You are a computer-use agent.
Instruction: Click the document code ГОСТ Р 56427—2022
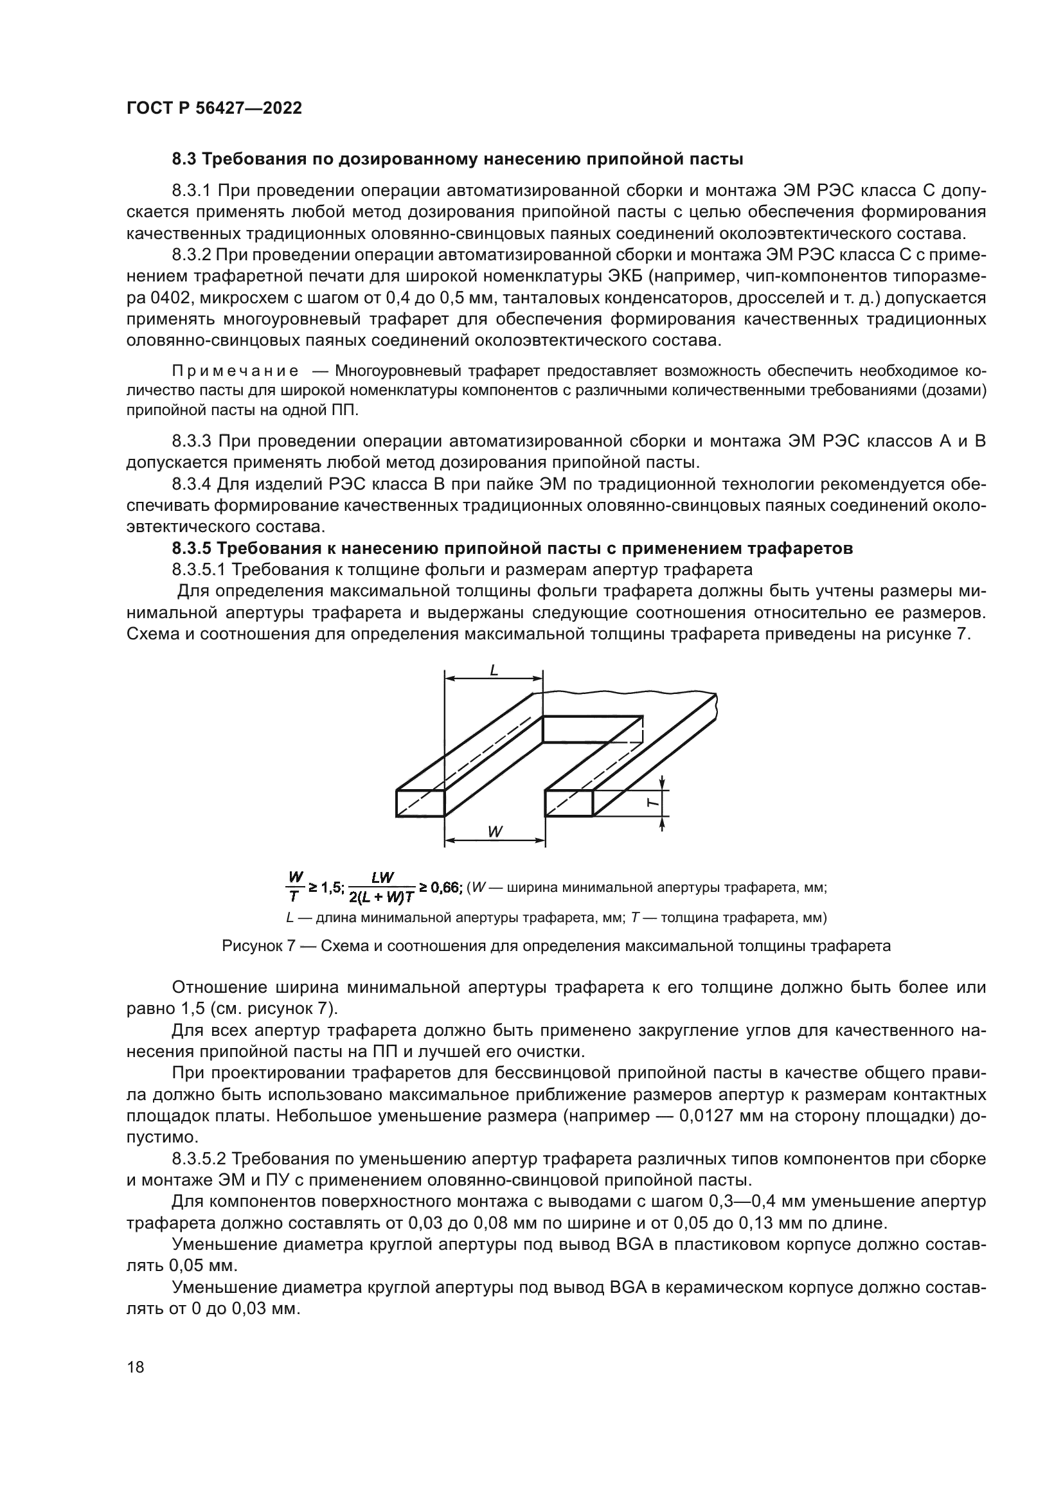(x=214, y=109)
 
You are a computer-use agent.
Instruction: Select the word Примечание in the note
(x=235, y=372)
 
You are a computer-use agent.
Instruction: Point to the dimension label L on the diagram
(x=494, y=670)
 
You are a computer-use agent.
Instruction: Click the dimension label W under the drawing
(x=495, y=832)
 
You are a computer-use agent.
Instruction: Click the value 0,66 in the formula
(x=447, y=887)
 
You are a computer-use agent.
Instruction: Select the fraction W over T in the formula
(x=296, y=887)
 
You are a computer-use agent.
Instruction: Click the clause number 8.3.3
(x=191, y=441)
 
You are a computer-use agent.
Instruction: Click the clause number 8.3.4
(x=191, y=485)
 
